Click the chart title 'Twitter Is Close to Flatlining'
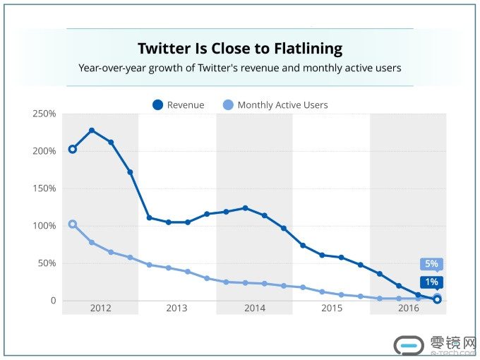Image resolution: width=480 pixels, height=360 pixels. point(239,49)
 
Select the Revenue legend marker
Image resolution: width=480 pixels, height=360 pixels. point(157,105)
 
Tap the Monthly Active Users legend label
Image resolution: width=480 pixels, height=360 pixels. point(282,105)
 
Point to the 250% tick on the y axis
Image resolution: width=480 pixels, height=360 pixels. point(44,114)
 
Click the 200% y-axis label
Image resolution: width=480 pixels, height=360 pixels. point(44,151)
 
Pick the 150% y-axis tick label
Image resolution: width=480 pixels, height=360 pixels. point(44,188)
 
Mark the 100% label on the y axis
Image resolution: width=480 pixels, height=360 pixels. point(44,226)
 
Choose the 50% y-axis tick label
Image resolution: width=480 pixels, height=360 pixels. point(46,263)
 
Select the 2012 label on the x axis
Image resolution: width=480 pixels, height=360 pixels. point(100,308)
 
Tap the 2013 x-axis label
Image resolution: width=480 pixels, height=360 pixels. point(176,308)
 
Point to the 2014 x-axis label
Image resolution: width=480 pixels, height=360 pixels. point(254,308)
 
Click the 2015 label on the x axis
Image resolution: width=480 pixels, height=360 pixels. point(331,308)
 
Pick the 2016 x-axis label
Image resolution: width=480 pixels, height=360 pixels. point(408,308)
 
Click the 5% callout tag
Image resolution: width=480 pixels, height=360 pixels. point(431,264)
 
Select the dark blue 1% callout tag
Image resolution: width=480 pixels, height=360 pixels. point(431,282)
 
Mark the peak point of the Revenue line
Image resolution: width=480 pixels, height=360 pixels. point(92,131)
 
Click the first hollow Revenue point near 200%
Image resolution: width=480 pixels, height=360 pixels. point(72,149)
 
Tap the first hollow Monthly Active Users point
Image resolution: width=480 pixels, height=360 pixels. point(72,224)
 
